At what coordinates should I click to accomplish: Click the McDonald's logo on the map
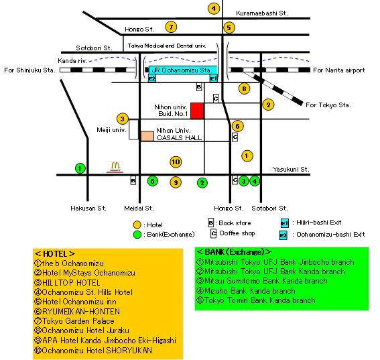[115, 167]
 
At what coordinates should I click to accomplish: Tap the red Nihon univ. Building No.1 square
[197, 111]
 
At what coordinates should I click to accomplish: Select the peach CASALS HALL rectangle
[147, 136]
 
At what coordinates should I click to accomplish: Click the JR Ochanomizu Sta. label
[182, 70]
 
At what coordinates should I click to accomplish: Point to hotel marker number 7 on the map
[171, 27]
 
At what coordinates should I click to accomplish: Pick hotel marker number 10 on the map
[176, 162]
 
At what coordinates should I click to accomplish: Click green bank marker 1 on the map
[80, 168]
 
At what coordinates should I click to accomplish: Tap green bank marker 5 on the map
[152, 181]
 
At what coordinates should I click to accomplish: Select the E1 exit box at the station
[214, 78]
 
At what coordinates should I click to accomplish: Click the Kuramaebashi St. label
[262, 13]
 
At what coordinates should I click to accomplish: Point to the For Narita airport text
[339, 70]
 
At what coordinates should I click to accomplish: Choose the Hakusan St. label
[88, 208]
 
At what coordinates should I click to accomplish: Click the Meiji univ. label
[111, 130]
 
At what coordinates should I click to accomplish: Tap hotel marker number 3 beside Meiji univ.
[123, 119]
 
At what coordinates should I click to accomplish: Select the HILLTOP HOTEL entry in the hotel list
[67, 283]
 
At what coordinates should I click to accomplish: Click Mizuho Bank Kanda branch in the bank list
[246, 291]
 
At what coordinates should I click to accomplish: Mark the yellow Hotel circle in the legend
[137, 225]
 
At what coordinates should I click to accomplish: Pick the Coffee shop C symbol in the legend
[213, 233]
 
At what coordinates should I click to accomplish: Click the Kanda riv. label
[72, 61]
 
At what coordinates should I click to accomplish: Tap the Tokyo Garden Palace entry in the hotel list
[74, 321]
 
